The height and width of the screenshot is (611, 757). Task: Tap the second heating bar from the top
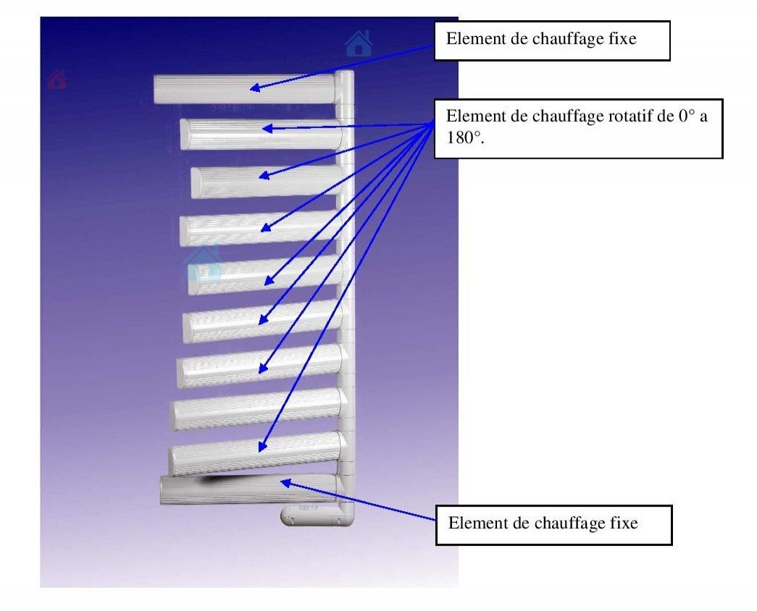(x=261, y=133)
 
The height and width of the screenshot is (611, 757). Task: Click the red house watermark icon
(x=57, y=79)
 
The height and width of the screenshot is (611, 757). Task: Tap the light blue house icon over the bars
(x=204, y=263)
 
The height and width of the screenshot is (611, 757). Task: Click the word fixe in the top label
(x=623, y=39)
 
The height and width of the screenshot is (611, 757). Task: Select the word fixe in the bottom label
(x=626, y=523)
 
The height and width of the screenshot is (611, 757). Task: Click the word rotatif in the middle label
(x=629, y=116)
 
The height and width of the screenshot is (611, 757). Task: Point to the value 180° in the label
(x=459, y=137)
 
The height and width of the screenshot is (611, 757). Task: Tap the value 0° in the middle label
(x=687, y=116)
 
